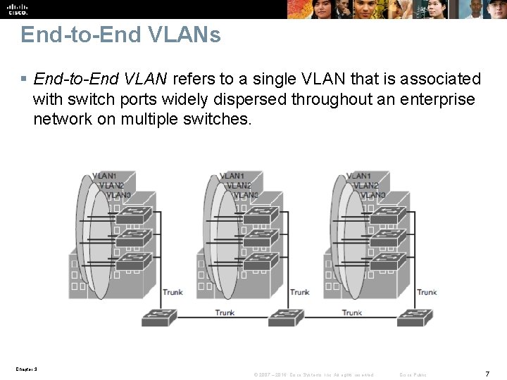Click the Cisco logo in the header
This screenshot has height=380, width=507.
17,8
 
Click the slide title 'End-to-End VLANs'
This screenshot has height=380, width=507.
120,34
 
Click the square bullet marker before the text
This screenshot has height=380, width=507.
25,79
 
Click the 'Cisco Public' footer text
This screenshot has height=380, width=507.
413,374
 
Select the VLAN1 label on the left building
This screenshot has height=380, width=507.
104,176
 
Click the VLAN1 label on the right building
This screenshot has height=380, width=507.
358,176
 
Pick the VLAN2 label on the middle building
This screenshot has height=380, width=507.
239,185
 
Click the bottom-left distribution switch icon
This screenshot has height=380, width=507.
155,318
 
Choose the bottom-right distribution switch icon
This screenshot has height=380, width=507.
410,318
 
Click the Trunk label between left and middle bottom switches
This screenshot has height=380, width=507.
225,312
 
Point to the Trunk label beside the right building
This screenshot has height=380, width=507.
427,292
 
